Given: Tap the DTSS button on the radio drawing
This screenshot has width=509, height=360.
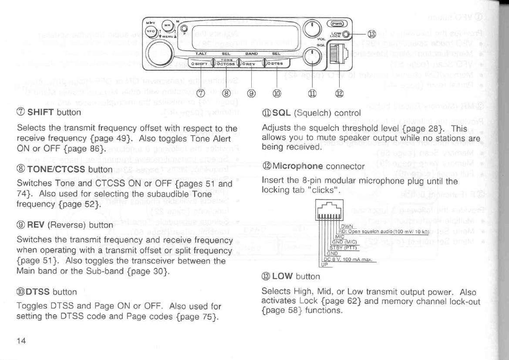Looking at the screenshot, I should click(x=276, y=63).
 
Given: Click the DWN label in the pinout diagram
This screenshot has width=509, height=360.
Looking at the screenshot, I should click(x=347, y=226).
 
